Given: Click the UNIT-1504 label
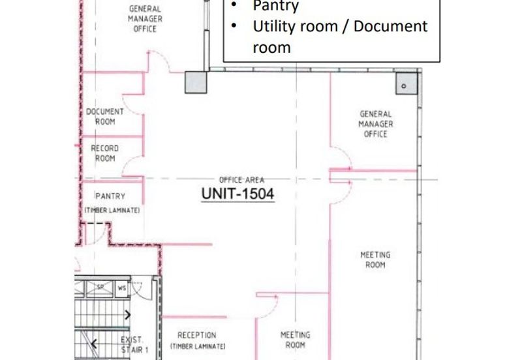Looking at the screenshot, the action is tap(238, 194).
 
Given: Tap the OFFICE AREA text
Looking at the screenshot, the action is tap(241, 180).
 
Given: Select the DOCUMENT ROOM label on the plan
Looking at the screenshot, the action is tap(105, 117).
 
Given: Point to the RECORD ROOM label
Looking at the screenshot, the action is tap(105, 153).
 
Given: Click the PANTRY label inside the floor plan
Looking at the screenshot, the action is tap(110, 196).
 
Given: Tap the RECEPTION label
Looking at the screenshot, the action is tap(197, 335).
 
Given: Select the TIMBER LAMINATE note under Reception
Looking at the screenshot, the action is tap(198, 346).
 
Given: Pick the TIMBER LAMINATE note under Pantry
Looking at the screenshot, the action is tap(112, 210).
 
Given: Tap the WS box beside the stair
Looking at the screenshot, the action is tap(122, 288).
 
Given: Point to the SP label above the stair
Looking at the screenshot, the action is tap(100, 286).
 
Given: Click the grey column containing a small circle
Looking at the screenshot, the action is tap(407, 83).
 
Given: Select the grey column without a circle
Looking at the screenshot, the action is tap(196, 82).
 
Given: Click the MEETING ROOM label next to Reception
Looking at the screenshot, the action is tap(296, 340).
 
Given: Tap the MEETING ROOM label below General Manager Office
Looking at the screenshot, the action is tap(375, 260).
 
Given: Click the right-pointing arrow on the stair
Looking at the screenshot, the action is tap(127, 314).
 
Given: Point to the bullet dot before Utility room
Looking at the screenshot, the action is tap(234, 25).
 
